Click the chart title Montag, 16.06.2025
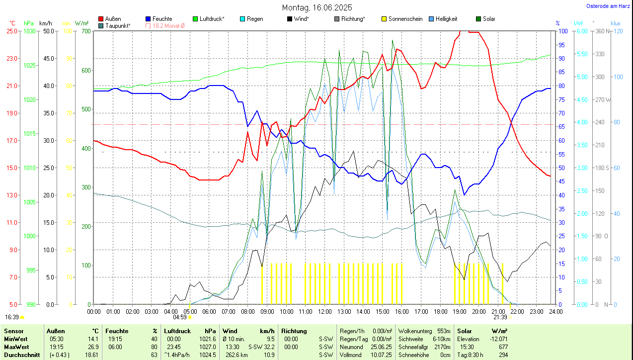317,7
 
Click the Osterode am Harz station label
607,6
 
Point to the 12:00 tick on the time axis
325,311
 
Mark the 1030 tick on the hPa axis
30,31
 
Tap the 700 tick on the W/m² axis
86,31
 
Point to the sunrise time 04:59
179,317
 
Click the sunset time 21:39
500,317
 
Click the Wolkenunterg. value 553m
444,331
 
